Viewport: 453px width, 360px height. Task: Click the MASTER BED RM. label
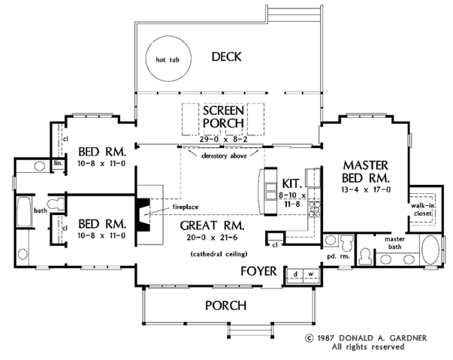coord(366,171)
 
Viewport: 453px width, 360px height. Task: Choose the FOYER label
coord(258,270)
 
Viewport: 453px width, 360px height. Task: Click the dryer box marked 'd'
coord(297,272)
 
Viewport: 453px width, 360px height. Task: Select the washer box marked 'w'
coord(310,272)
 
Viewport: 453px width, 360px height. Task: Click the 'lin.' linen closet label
coord(57,162)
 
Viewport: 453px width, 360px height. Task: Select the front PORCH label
coord(225,306)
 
